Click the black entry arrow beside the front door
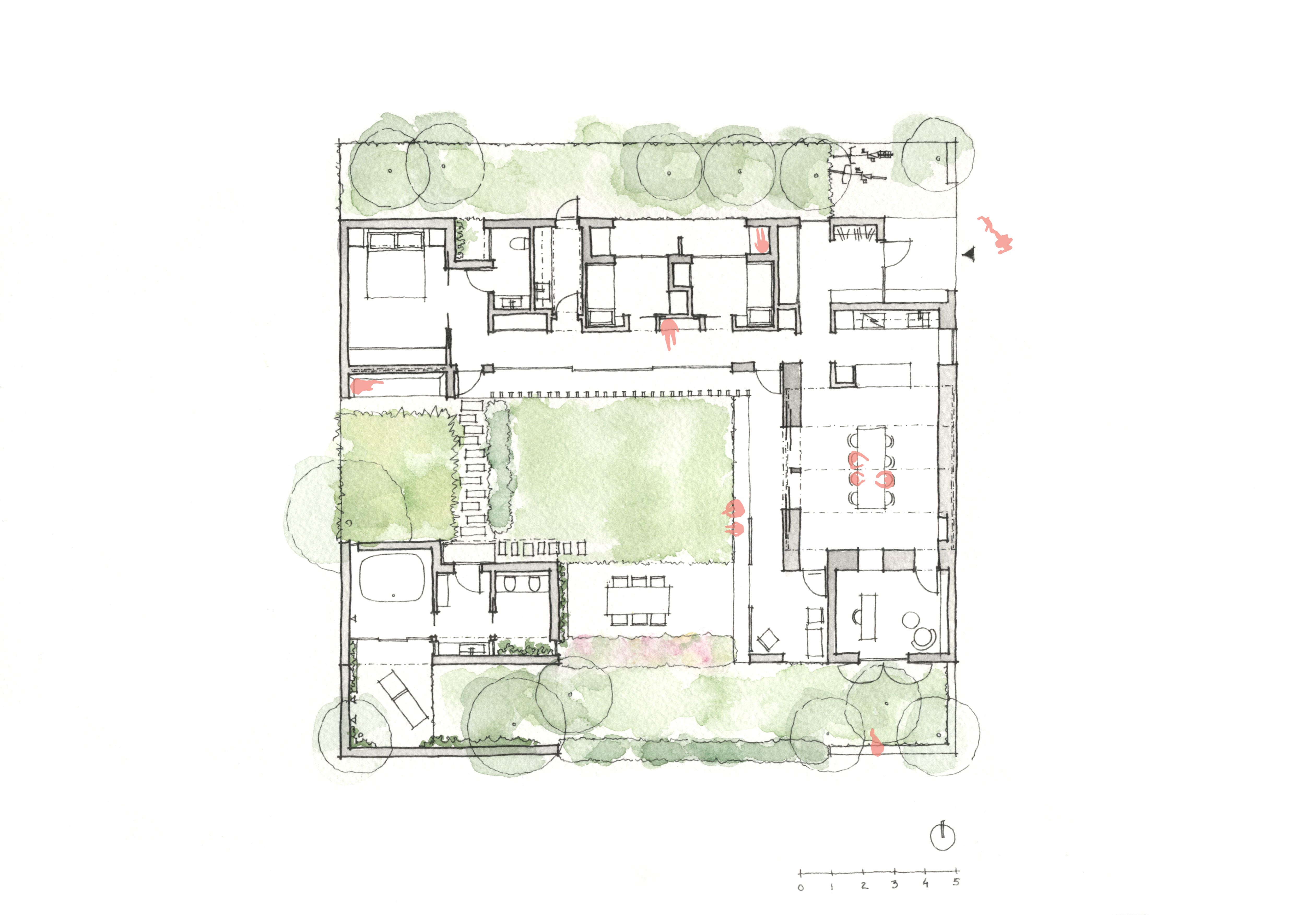click(x=969, y=254)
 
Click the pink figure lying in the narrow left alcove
click(x=366, y=386)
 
